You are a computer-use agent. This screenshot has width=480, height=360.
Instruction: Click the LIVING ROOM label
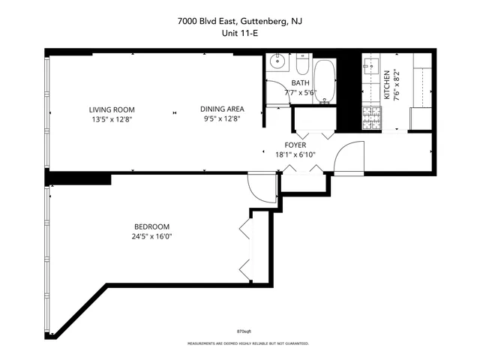(x=112, y=109)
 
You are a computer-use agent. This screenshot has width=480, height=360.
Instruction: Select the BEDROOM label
(x=151, y=227)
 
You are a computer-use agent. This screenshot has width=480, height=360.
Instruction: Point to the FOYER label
(x=295, y=145)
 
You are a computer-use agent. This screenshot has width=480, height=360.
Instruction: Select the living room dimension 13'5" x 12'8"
(x=112, y=118)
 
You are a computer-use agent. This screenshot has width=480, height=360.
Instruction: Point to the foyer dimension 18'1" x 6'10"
(x=295, y=155)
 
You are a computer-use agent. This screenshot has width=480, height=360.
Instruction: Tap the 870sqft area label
(x=244, y=330)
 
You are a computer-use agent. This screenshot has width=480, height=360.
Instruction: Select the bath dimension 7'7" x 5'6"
(x=301, y=92)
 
